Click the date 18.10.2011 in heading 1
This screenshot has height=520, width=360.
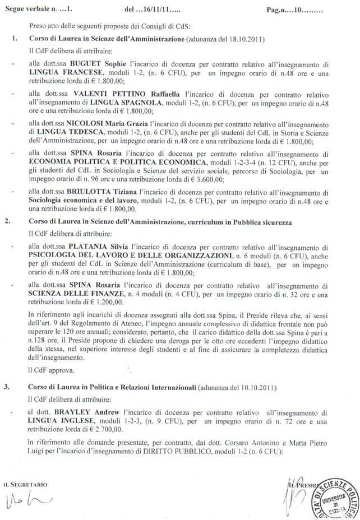point(239,40)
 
